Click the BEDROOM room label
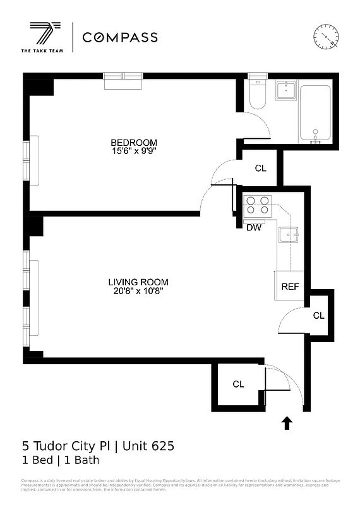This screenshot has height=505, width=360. tap(134, 143)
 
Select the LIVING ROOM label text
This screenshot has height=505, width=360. tap(138, 282)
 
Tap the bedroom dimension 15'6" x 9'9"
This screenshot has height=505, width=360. tap(134, 151)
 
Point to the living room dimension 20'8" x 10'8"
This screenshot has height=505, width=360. tap(138, 291)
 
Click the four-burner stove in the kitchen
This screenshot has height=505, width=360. tap(257, 205)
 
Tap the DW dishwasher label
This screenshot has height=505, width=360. tap(254, 228)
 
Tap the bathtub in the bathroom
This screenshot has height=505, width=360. tap(318, 113)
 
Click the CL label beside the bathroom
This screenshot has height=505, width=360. tap(261, 169)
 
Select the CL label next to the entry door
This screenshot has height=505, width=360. tap(238, 384)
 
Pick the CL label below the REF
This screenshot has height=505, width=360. tap(319, 315)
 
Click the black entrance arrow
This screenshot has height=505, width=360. tap(287, 423)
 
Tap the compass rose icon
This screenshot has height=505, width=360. tap(327, 37)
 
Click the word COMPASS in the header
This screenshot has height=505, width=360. tap(120, 37)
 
